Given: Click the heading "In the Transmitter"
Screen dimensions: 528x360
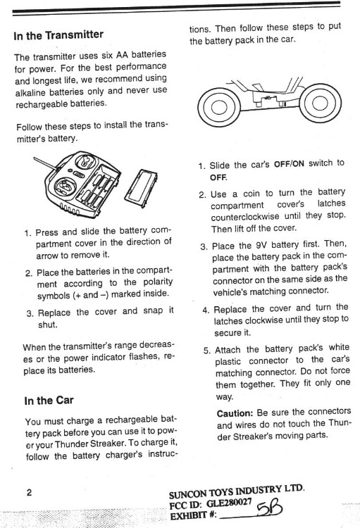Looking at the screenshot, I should [x=58, y=34].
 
